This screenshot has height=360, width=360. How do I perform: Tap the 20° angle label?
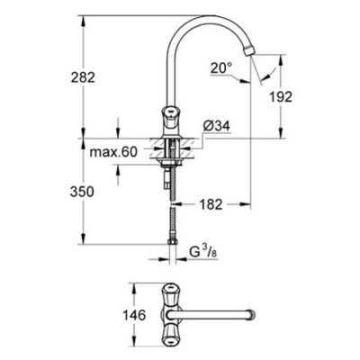(223, 66)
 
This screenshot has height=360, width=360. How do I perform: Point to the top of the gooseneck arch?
(212, 19)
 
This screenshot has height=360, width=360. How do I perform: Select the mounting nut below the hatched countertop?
(170, 163)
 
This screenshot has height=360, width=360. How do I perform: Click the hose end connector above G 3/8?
(171, 240)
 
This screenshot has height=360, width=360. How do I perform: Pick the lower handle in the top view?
(170, 334)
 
